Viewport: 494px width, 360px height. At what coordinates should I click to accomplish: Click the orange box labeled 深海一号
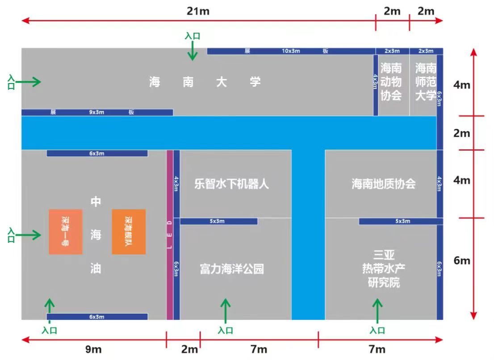[66, 231]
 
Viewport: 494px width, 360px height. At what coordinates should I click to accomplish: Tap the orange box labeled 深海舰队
[129, 231]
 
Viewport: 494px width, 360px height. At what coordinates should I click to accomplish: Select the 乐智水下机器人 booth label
[231, 184]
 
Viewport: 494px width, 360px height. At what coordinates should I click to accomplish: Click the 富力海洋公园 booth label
[232, 269]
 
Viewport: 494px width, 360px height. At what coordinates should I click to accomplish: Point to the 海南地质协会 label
[383, 184]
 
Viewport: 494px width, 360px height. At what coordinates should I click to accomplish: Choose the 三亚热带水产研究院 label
[383, 269]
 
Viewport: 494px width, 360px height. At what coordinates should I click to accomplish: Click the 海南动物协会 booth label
[391, 82]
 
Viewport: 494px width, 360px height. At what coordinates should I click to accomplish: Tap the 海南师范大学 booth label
[426, 82]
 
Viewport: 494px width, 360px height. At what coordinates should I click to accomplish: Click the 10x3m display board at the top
[291, 51]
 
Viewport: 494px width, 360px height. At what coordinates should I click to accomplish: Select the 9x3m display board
[97, 112]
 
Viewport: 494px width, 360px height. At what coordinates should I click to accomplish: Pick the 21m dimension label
[198, 11]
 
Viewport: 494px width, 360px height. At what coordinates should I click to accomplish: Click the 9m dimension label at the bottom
[93, 349]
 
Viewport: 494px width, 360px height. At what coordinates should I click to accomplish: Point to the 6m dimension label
[461, 260]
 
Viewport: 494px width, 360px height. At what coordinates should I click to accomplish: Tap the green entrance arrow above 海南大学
[193, 50]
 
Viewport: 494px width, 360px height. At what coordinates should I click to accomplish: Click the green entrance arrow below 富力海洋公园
[225, 310]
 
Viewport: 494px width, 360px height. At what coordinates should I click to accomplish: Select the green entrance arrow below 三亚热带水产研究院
[377, 310]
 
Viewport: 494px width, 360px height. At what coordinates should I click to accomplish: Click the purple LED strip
[169, 234]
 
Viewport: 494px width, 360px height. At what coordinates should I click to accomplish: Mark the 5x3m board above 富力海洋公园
[219, 221]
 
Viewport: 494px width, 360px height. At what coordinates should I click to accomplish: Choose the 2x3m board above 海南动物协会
[392, 51]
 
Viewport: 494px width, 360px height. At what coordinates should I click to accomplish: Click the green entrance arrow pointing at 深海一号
[28, 234]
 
